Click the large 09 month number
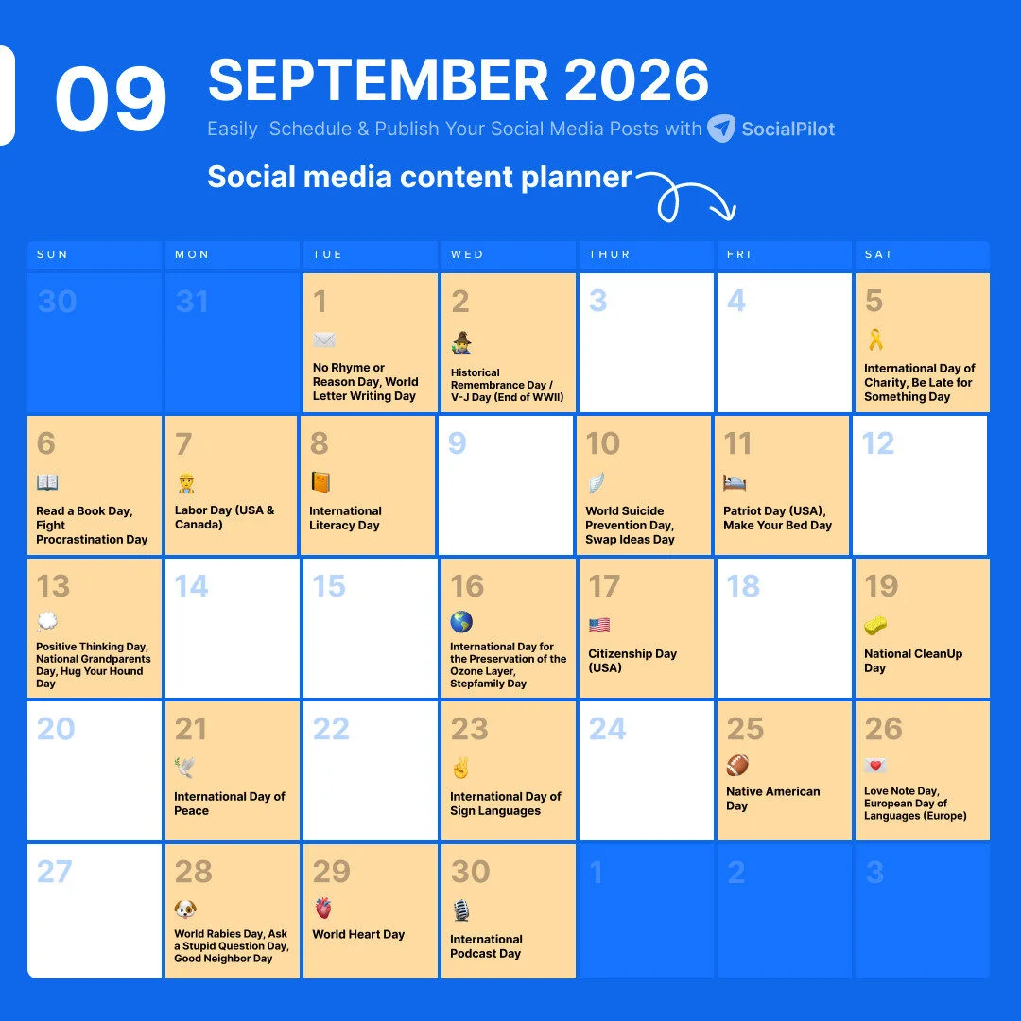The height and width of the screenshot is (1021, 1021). click(111, 100)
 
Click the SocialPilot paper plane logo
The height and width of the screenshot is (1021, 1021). click(721, 129)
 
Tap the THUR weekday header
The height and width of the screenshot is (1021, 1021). click(609, 255)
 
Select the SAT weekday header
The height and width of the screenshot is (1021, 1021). click(878, 255)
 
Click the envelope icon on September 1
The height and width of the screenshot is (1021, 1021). click(324, 340)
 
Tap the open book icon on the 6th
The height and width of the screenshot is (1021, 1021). click(47, 483)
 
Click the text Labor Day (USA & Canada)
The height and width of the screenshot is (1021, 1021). click(224, 517)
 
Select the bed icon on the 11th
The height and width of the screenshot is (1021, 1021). click(735, 483)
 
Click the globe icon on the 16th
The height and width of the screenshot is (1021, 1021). click(461, 622)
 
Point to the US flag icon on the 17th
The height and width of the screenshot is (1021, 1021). click(599, 625)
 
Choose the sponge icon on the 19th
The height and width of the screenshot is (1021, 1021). click(875, 626)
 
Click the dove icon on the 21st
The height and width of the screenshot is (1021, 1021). click(185, 768)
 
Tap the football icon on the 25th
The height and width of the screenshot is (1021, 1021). click(737, 766)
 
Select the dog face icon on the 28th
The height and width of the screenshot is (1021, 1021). click(185, 909)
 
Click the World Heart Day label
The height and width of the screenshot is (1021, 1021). click(358, 934)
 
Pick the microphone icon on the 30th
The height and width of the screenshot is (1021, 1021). click(460, 910)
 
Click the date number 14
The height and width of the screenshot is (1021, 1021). click(192, 587)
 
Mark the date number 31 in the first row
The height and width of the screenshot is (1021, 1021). click(192, 302)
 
